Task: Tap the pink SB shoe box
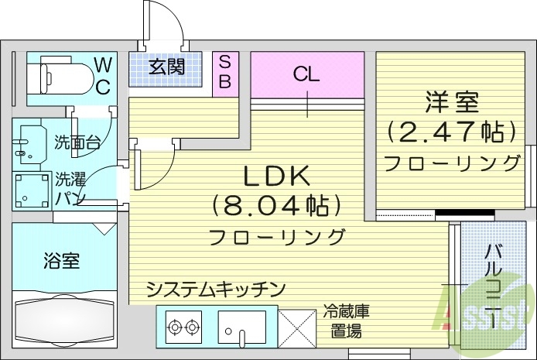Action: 224,72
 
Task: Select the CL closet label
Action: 306,74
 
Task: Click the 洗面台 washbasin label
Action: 77,142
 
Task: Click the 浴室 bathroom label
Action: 60,260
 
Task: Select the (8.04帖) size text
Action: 276,206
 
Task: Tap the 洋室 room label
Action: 452,101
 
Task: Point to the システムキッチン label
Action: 216,289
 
